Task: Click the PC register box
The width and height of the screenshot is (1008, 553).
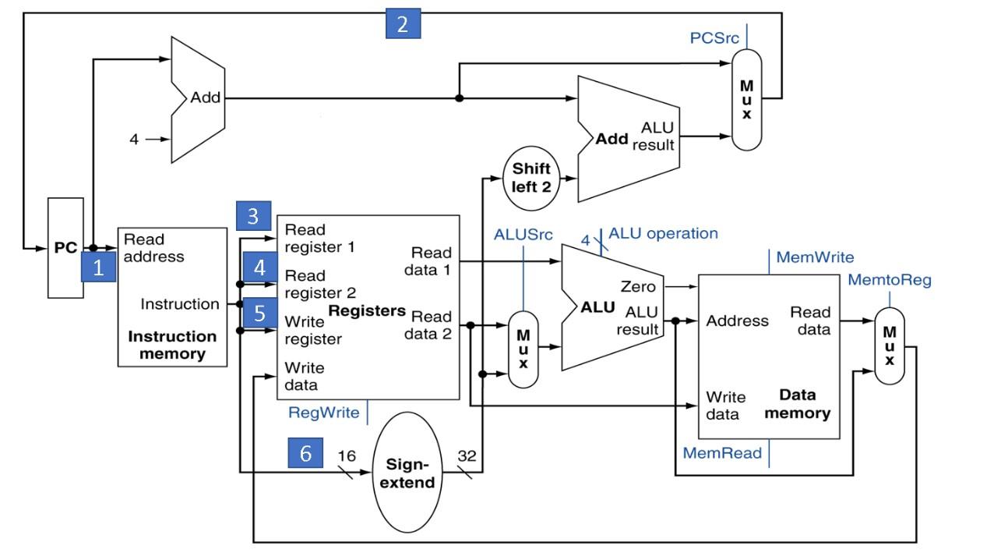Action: pos(65,248)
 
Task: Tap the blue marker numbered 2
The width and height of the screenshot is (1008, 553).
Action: pos(403,24)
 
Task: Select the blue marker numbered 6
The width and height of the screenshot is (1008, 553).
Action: pos(305,452)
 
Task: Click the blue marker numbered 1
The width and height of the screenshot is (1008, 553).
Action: pos(98,268)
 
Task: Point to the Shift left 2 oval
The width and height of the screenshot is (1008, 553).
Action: pos(531,178)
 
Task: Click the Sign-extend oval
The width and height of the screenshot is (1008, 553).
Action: pos(407,473)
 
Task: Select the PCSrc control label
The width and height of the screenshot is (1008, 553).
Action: pos(714,37)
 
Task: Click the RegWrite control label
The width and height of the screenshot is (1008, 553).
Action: pos(324,413)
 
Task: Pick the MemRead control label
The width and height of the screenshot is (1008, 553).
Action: pos(722,453)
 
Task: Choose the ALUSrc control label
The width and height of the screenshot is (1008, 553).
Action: pos(523,234)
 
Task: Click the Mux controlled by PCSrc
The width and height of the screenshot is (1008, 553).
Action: pos(746,100)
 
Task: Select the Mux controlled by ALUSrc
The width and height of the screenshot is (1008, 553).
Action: pos(523,349)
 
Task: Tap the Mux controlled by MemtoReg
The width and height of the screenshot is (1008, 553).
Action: pos(889,345)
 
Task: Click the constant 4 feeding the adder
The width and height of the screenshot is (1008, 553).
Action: pos(134,140)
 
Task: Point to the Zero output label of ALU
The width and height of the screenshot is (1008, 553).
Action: pos(637,287)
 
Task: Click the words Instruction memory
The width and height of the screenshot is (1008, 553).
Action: pos(172,345)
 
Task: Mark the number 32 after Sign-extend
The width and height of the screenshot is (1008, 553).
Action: pos(467,456)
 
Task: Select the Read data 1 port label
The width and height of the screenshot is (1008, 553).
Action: pos(431,261)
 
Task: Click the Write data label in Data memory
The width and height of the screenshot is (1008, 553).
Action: pos(725,406)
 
